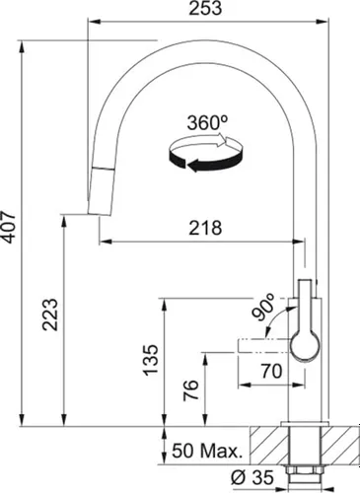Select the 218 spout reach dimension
(x=205, y=227)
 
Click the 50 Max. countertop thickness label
(x=207, y=453)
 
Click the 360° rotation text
(x=206, y=123)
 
